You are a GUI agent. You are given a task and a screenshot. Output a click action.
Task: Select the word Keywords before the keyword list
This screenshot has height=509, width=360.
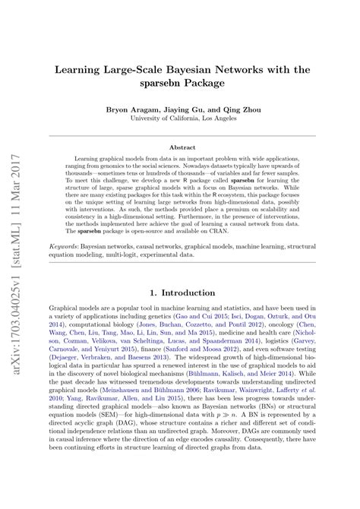(72, 247)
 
